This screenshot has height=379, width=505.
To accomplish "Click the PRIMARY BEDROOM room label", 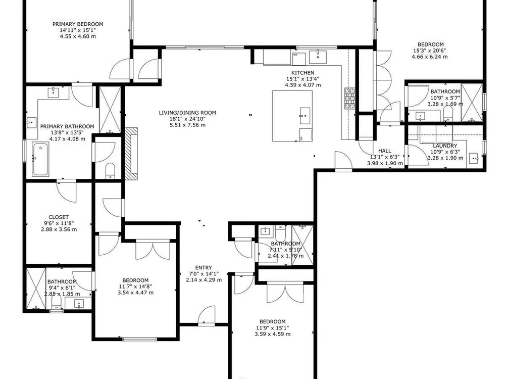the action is point(78,24).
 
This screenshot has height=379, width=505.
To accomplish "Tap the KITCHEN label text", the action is point(302,73).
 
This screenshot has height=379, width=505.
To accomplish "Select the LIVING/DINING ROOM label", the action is point(187,113).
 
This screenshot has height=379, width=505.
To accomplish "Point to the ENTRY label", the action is point(204,267).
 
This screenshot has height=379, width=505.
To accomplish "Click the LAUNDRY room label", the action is point(445,146).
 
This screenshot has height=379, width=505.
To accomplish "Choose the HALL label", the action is point(384,151).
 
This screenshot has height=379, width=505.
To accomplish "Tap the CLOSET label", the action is point(59,217).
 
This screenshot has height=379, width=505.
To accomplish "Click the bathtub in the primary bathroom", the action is point(40,160).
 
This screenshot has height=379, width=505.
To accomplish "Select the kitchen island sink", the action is point(305,115).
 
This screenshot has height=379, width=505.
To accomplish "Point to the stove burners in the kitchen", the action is point(350,99).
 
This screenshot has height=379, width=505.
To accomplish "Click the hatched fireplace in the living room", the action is point(131,154).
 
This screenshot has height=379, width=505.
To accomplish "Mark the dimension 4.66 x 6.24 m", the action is point(429,57).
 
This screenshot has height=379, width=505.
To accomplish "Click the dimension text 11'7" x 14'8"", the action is point(135,287).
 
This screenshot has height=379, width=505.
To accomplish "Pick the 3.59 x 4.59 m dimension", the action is point(273,334).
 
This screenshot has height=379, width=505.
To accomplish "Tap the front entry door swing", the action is point(206,314).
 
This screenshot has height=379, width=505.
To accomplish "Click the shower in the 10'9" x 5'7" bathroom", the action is point(472,103).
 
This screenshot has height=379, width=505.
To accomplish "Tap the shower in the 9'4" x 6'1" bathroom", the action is point(36,289).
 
